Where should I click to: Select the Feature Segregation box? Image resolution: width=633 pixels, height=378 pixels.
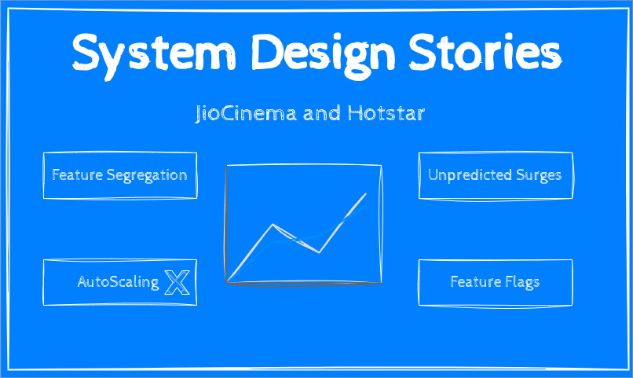[119, 175]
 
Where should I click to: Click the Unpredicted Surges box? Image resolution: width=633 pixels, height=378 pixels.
[495, 175]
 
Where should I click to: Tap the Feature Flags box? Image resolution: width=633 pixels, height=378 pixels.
[495, 281]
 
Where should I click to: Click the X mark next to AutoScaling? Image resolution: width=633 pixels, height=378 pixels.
[177, 282]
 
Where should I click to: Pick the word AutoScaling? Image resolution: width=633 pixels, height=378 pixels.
[118, 281]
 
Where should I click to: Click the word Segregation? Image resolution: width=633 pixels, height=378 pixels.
[147, 175]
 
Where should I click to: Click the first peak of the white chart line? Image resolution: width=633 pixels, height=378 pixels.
[273, 225]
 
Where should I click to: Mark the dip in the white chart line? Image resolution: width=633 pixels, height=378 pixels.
[319, 252]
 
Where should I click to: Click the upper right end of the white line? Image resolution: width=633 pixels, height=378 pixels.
[366, 193]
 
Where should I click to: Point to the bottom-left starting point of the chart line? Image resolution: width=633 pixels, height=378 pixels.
[227, 281]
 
